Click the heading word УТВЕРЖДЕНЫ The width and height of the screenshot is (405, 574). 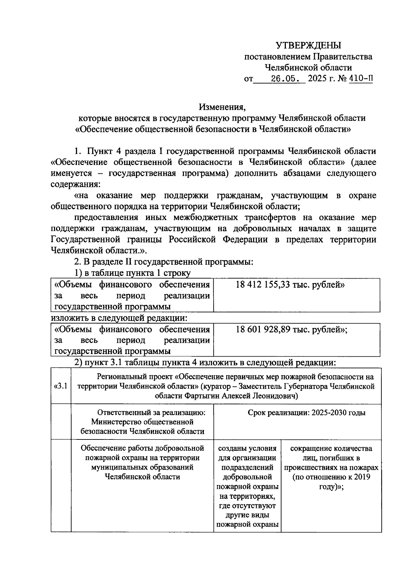click(x=308, y=45)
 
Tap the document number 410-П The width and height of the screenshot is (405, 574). click(x=361, y=79)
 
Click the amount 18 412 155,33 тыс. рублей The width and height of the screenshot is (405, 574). click(x=290, y=285)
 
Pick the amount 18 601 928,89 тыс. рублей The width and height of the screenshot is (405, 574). click(x=291, y=329)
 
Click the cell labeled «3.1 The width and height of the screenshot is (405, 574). click(x=61, y=386)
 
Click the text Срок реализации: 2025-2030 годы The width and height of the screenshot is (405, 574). click(x=306, y=412)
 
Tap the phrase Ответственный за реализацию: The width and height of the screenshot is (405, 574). click(x=151, y=412)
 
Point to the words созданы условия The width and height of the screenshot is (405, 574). click(x=247, y=449)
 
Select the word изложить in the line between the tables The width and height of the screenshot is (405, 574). click(x=70, y=318)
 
